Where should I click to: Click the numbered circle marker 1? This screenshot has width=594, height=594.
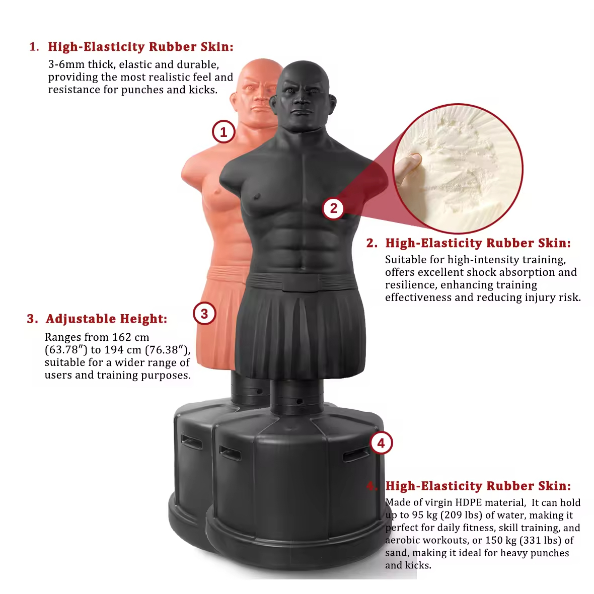224,132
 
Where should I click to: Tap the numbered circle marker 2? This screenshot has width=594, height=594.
333,208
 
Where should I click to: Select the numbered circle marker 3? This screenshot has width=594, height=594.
204,314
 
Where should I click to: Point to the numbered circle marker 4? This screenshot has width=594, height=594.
381,443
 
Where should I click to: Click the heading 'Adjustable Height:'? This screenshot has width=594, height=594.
106,319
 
